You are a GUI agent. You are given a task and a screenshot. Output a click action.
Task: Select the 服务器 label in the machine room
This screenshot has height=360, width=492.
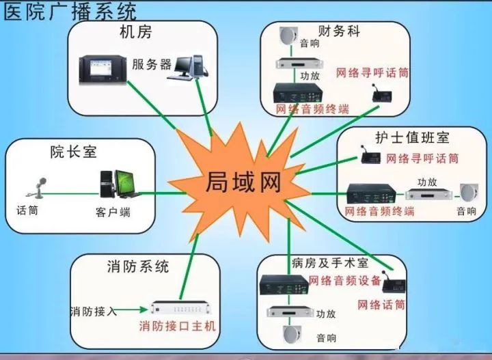[x=152, y=65]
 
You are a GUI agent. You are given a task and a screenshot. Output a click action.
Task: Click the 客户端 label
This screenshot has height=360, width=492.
[x=113, y=212]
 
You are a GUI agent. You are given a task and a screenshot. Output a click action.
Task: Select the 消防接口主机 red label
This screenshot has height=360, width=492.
[x=177, y=326]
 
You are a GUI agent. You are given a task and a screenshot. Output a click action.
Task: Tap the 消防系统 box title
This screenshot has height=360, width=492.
[x=138, y=266]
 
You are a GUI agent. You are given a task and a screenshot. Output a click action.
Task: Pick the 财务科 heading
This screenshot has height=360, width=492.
[x=340, y=31]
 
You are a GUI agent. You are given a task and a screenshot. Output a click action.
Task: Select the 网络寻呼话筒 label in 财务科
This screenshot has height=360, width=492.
[x=372, y=72]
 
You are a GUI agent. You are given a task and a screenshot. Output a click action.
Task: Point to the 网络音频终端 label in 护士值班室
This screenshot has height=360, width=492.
[x=380, y=211]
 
